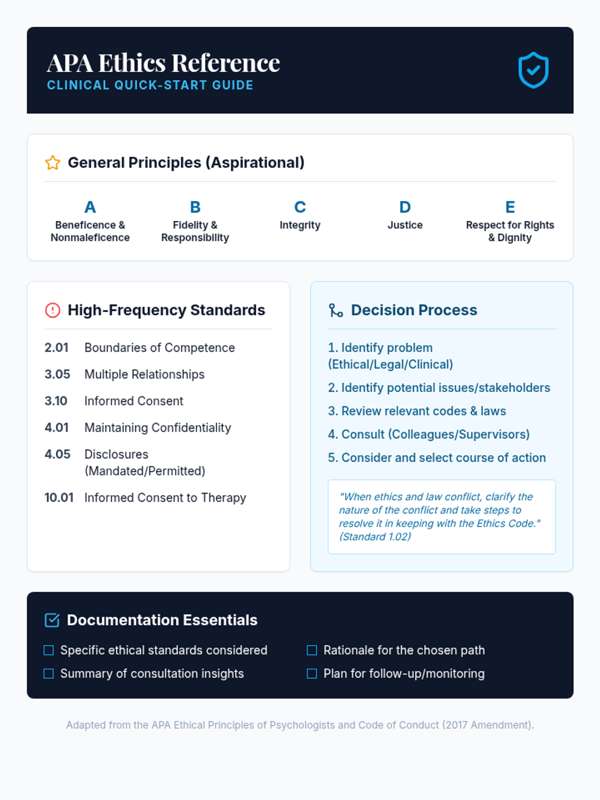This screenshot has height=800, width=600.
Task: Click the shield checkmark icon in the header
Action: point(533,70)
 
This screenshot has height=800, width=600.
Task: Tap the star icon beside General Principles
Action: point(52,162)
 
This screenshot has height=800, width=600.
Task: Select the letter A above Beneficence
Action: point(90,207)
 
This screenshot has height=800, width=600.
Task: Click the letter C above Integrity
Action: point(300,207)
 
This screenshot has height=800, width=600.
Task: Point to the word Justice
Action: point(405,225)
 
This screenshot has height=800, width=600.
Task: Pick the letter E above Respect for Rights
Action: point(510,207)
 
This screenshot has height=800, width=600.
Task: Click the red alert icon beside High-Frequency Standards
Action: point(52,310)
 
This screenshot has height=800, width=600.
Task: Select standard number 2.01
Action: point(56,347)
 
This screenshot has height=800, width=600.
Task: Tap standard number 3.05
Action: point(57,374)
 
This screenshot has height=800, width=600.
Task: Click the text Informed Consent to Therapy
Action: point(165,497)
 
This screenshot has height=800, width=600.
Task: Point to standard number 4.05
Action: point(57,454)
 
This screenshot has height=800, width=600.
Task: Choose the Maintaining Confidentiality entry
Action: point(157,427)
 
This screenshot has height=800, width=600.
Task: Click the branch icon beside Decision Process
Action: point(335,310)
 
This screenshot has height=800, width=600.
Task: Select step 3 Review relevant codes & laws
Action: point(417,411)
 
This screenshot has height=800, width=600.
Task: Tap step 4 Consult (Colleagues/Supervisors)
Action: point(428,434)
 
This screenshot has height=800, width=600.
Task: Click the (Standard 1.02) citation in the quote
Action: point(375,536)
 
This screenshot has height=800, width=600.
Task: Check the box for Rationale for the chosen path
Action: point(312,650)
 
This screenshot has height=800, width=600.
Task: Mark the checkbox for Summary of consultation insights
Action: point(48,673)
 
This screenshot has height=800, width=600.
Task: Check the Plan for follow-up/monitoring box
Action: point(312,673)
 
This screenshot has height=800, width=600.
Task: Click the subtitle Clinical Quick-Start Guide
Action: point(150,85)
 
